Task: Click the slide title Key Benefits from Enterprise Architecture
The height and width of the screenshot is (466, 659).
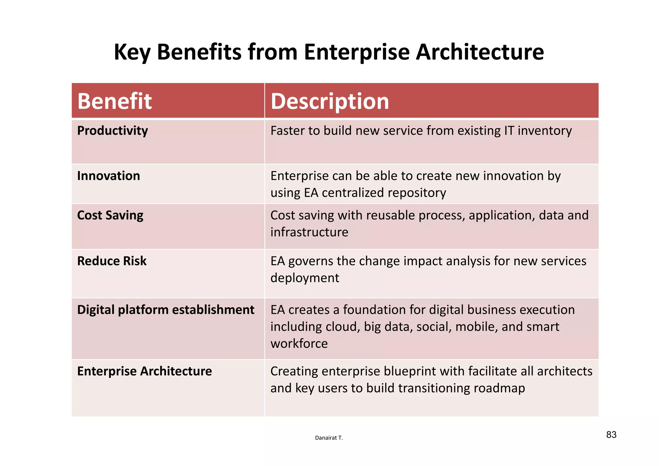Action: (329, 52)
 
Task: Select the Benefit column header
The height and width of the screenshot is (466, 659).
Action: (115, 101)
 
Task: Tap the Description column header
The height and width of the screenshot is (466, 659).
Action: (330, 101)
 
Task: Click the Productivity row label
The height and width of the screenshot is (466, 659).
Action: (113, 131)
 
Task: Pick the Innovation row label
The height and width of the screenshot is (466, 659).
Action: (108, 176)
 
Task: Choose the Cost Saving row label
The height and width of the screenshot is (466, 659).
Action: (110, 215)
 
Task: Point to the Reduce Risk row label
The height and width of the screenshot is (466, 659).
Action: (112, 261)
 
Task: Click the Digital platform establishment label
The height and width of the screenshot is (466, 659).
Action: (166, 310)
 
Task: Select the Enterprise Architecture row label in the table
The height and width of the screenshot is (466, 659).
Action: (144, 371)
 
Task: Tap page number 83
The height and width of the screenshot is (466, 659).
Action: (611, 435)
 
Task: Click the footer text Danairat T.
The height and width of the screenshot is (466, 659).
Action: (329, 438)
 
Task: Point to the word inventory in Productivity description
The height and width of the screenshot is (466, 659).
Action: (544, 131)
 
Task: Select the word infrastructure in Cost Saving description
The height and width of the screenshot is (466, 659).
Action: (309, 232)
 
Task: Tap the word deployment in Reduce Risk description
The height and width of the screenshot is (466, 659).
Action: (305, 278)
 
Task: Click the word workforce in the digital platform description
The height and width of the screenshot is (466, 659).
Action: (299, 344)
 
